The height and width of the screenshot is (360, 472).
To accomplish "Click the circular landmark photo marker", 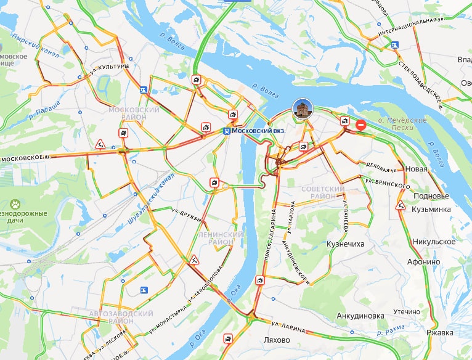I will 303,109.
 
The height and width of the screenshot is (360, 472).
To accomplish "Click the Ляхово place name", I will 275,340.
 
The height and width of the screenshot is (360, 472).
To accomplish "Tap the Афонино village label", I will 423,261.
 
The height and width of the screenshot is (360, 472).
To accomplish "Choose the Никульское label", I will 434,241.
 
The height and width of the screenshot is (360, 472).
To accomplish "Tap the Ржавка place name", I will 440,333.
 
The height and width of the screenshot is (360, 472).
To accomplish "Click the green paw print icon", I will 15,203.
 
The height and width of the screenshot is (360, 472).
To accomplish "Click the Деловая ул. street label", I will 386,168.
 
